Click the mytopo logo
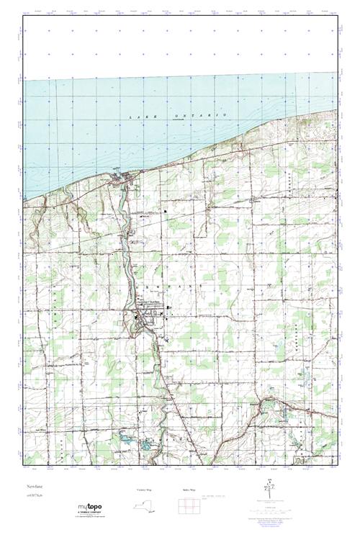point(92,508)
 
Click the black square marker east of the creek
point(165,212)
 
